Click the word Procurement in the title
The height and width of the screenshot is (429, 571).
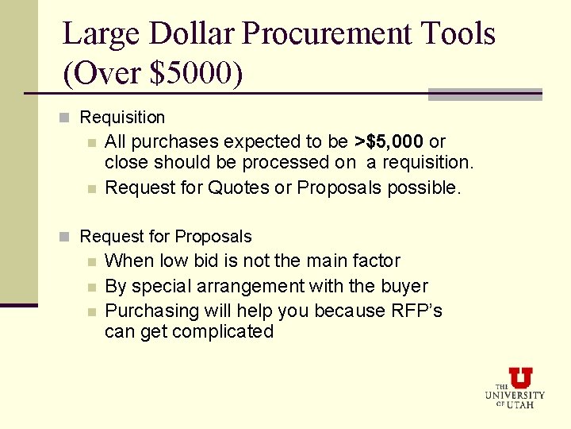click(326, 34)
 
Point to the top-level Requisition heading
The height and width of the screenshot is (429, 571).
click(122, 118)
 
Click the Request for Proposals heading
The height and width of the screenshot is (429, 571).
click(165, 237)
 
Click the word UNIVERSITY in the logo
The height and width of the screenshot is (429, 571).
click(515, 395)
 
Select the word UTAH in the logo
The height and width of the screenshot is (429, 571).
click(521, 404)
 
